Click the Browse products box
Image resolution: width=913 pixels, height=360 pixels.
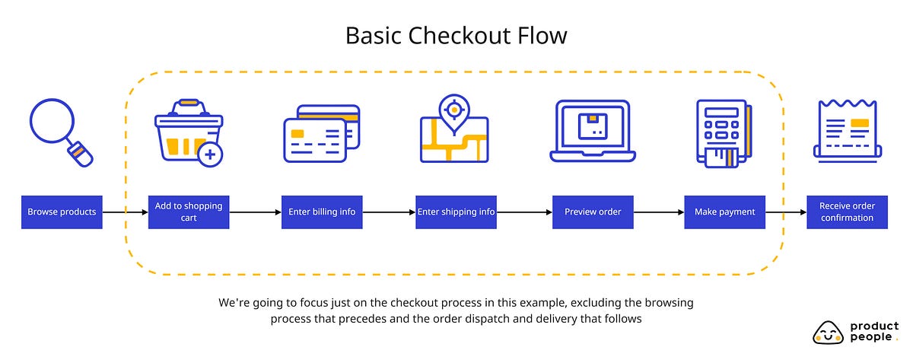click(x=62, y=212)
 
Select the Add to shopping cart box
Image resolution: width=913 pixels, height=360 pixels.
click(x=189, y=212)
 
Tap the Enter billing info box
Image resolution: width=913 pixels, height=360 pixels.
click(x=322, y=212)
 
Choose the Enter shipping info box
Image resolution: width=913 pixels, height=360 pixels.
click(x=456, y=212)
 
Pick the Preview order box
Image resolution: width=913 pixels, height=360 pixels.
click(x=593, y=212)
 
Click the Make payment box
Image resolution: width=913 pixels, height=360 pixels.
click(x=724, y=212)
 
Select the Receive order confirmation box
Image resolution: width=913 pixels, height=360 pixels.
click(x=847, y=212)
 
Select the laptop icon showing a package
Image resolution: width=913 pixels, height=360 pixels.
click(x=593, y=131)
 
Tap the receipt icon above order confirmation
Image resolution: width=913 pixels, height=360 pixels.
click(x=847, y=129)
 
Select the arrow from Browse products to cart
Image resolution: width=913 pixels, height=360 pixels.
click(x=125, y=212)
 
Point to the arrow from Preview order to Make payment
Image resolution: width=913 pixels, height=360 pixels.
click(x=658, y=212)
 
